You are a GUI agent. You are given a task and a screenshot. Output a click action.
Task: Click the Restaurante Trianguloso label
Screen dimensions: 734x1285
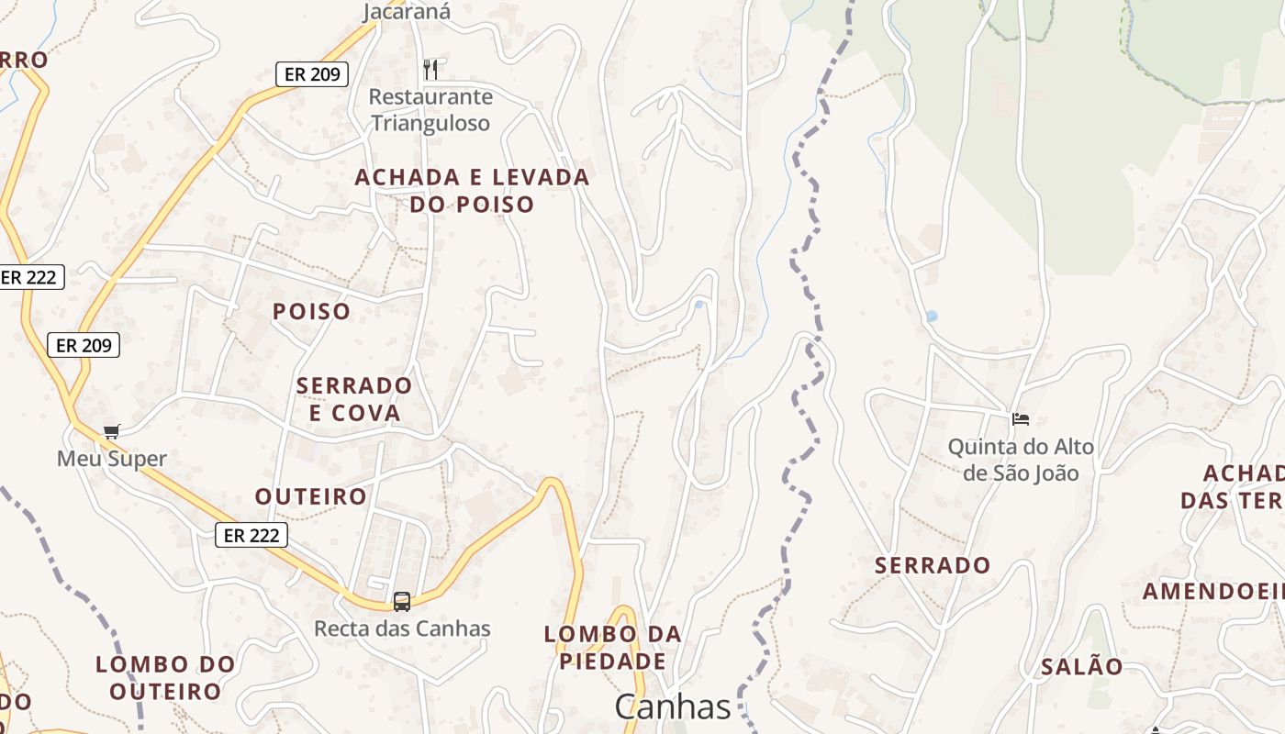[x=430, y=110]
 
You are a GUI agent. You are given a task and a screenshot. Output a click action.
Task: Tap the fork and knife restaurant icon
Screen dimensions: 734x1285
[x=430, y=68]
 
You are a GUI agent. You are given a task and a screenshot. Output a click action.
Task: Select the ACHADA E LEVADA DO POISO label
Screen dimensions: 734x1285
[x=472, y=190]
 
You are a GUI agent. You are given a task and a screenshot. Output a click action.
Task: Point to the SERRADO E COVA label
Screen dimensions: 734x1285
[x=354, y=398]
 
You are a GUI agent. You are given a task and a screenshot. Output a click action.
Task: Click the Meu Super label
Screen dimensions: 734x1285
[x=112, y=459]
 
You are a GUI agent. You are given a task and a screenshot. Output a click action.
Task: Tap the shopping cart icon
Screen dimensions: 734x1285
[x=112, y=431]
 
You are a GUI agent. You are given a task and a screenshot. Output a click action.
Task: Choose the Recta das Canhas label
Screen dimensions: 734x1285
[x=402, y=628]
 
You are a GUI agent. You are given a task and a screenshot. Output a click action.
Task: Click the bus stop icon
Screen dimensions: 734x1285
[x=402, y=602]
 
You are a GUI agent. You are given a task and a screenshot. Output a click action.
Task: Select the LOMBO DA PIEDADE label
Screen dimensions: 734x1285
[x=613, y=648]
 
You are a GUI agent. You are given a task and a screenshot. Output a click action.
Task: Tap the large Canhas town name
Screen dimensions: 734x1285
[x=673, y=706]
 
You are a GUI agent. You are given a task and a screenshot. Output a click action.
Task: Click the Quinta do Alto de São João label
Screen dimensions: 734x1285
[x=1021, y=460]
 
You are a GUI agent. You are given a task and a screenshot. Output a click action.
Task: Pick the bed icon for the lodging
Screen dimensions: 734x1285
[x=1021, y=419]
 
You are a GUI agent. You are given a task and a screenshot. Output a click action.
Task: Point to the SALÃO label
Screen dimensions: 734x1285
[x=1081, y=667]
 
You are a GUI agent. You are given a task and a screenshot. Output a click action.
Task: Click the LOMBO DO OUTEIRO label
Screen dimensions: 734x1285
[x=166, y=677]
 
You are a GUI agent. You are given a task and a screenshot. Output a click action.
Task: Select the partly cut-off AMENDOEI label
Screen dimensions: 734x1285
[x=1212, y=592]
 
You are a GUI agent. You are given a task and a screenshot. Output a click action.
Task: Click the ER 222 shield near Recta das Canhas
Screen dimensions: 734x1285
[x=251, y=535]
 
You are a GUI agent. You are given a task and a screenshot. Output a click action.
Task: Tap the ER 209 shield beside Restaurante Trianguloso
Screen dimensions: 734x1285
[x=312, y=74]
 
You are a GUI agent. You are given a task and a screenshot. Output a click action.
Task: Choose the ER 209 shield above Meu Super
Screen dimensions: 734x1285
[x=84, y=345]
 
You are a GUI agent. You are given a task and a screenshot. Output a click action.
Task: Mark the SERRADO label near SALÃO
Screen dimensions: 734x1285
[x=933, y=565]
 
